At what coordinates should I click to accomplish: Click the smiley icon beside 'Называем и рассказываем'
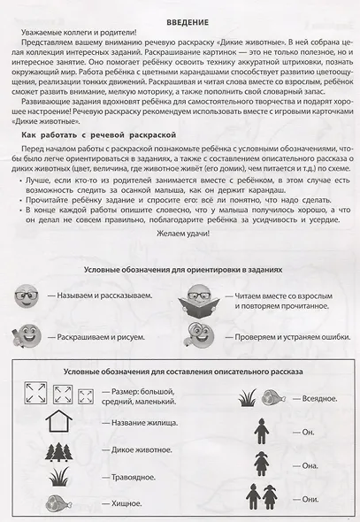tap(27, 294)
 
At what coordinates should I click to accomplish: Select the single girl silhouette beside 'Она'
tap(261, 464)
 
